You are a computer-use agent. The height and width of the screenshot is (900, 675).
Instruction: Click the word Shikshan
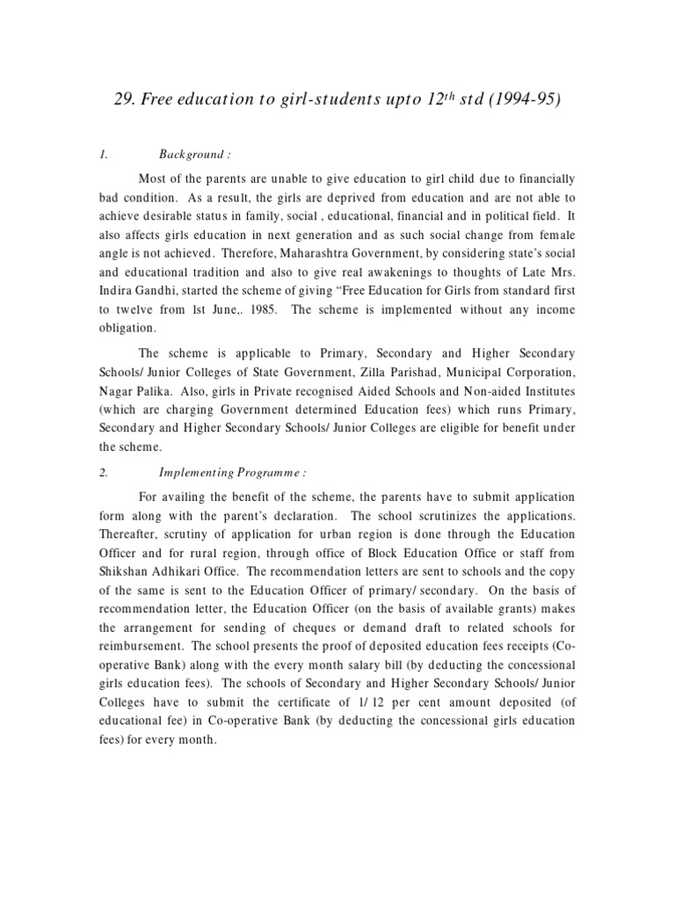click(x=128, y=572)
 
